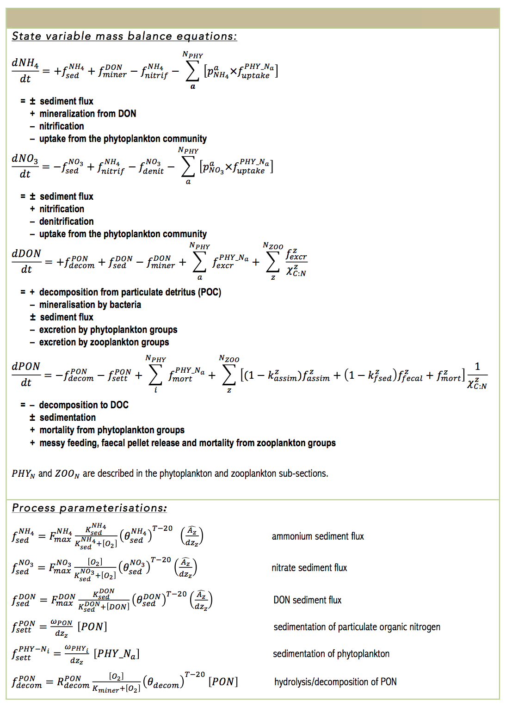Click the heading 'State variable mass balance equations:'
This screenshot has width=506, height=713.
124,36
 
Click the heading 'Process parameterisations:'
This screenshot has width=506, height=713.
89,508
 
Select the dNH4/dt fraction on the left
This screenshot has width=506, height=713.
25,70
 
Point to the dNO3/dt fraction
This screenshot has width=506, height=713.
25,166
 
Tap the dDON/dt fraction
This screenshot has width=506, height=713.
26,261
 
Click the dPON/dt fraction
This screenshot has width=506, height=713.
26,374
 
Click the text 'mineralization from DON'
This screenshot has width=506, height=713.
87,114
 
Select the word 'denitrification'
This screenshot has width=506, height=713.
66,221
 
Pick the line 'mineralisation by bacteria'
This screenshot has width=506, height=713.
90,305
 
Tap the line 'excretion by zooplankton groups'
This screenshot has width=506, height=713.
104,342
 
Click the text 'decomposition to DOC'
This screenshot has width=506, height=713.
83,405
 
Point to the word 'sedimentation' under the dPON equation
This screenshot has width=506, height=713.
68,418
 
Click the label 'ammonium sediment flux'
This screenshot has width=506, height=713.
318,536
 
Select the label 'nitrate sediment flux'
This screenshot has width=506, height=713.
309,568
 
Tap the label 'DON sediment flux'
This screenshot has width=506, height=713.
307,600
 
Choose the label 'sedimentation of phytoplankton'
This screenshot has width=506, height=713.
331,654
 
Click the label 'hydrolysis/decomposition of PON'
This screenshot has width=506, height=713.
335,682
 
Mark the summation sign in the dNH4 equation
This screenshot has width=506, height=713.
192,71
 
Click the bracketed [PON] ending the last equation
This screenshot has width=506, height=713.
223,682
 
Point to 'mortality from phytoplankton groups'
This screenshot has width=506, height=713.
111,430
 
